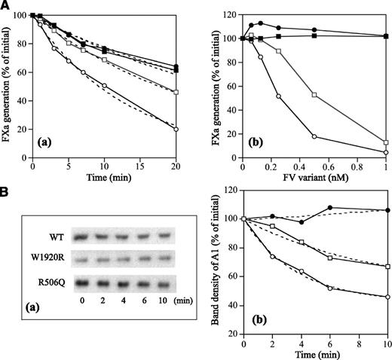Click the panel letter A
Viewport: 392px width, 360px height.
tap(6, 6)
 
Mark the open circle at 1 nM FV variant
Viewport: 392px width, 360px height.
tap(385, 153)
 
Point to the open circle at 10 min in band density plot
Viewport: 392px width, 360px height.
tap(386, 297)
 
